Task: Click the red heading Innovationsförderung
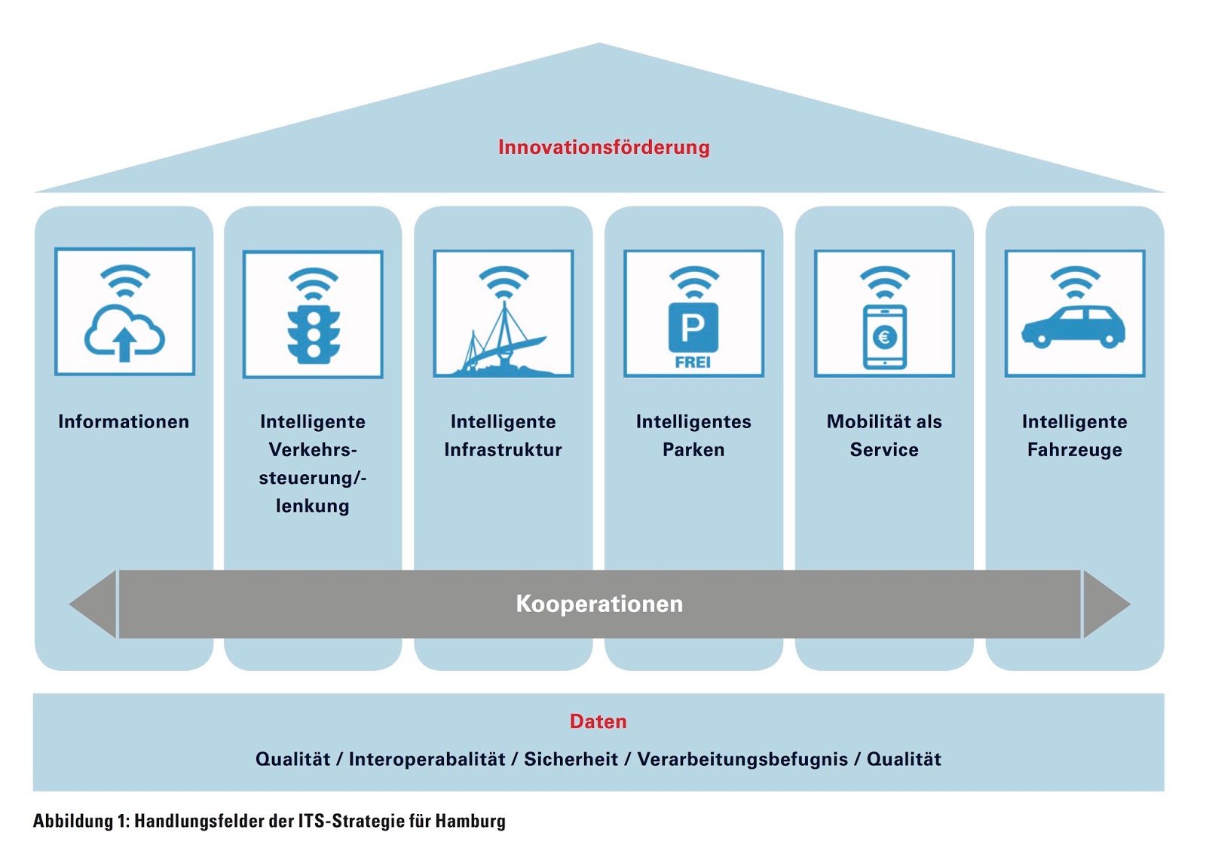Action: point(603,147)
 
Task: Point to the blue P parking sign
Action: point(693,327)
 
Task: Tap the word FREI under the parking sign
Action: point(693,363)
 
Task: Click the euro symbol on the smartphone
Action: point(884,337)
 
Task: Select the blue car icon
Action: point(1073,327)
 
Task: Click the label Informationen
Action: point(124,421)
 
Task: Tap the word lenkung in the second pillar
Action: point(312,506)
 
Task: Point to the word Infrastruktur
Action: point(503,450)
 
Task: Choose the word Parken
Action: point(693,450)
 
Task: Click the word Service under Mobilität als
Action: point(884,450)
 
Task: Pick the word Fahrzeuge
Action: point(1074,450)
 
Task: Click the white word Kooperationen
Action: point(599,604)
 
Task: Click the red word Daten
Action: point(598,721)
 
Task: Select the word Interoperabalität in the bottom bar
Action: point(427,759)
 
